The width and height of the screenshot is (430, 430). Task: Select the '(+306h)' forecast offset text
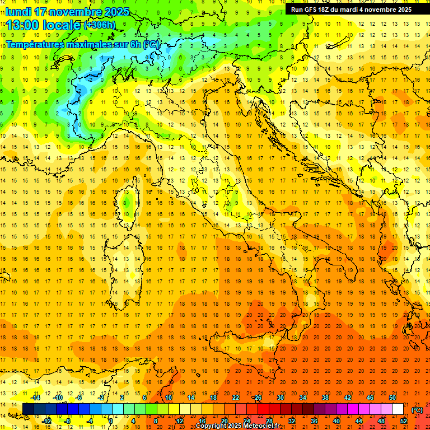[99, 25]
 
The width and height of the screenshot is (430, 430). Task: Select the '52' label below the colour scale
[404, 420]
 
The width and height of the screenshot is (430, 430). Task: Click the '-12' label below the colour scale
[47, 420]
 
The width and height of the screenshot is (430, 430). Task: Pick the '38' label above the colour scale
[325, 398]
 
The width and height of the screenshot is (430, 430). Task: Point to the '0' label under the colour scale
[111, 420]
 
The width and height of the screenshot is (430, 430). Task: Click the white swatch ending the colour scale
[398, 409]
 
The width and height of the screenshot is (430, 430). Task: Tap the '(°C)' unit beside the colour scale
[417, 409]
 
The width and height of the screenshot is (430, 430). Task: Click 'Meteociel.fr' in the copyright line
[261, 426]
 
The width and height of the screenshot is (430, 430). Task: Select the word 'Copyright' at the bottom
[211, 426]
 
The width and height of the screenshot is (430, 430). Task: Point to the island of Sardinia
[123, 263]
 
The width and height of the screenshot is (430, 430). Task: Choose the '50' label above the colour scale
[392, 398]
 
